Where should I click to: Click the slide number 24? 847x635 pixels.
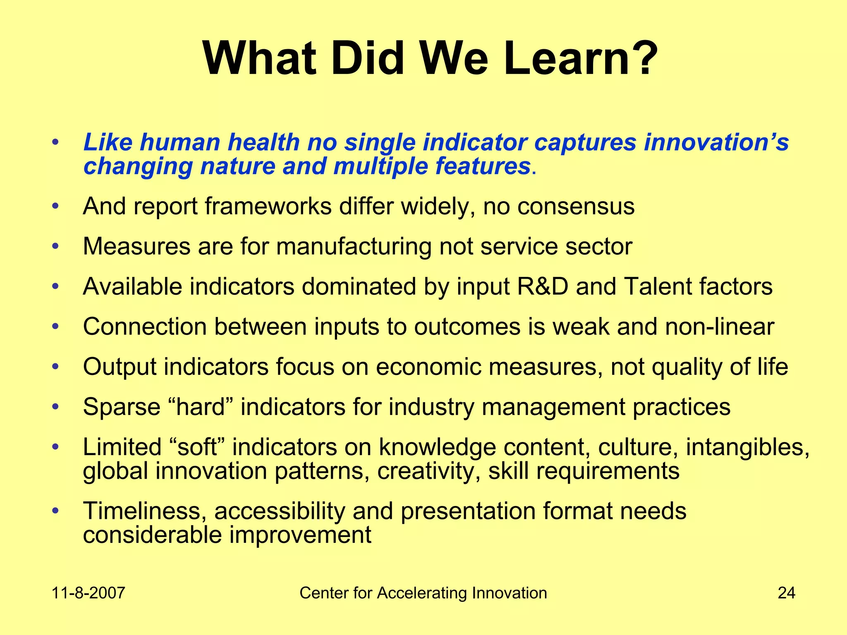[x=786, y=593]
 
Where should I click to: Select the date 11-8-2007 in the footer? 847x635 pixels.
[x=88, y=593]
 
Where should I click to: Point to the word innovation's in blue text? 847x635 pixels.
[x=716, y=143]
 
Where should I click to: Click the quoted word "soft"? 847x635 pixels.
[x=197, y=447]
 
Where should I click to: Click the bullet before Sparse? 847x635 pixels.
[x=55, y=407]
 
